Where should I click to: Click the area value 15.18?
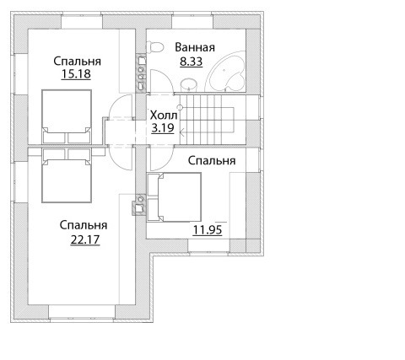(x=76, y=74)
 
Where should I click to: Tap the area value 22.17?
(x=85, y=239)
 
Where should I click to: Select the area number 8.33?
(x=192, y=62)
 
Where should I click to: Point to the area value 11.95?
(x=208, y=230)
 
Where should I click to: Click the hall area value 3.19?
(x=163, y=128)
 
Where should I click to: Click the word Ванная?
(x=195, y=47)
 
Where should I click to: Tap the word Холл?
(x=164, y=116)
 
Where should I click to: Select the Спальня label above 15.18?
(x=77, y=62)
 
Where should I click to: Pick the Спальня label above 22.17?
(x=84, y=225)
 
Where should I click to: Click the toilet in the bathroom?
(x=154, y=47)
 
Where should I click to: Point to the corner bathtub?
(x=227, y=72)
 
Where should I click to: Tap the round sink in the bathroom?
(x=188, y=85)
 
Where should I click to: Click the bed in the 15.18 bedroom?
(x=67, y=116)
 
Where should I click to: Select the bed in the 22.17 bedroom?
(x=67, y=175)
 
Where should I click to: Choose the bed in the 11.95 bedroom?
(x=175, y=197)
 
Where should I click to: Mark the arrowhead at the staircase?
(x=182, y=132)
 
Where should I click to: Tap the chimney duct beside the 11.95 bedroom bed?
(x=139, y=205)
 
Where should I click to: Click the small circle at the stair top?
(x=180, y=107)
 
